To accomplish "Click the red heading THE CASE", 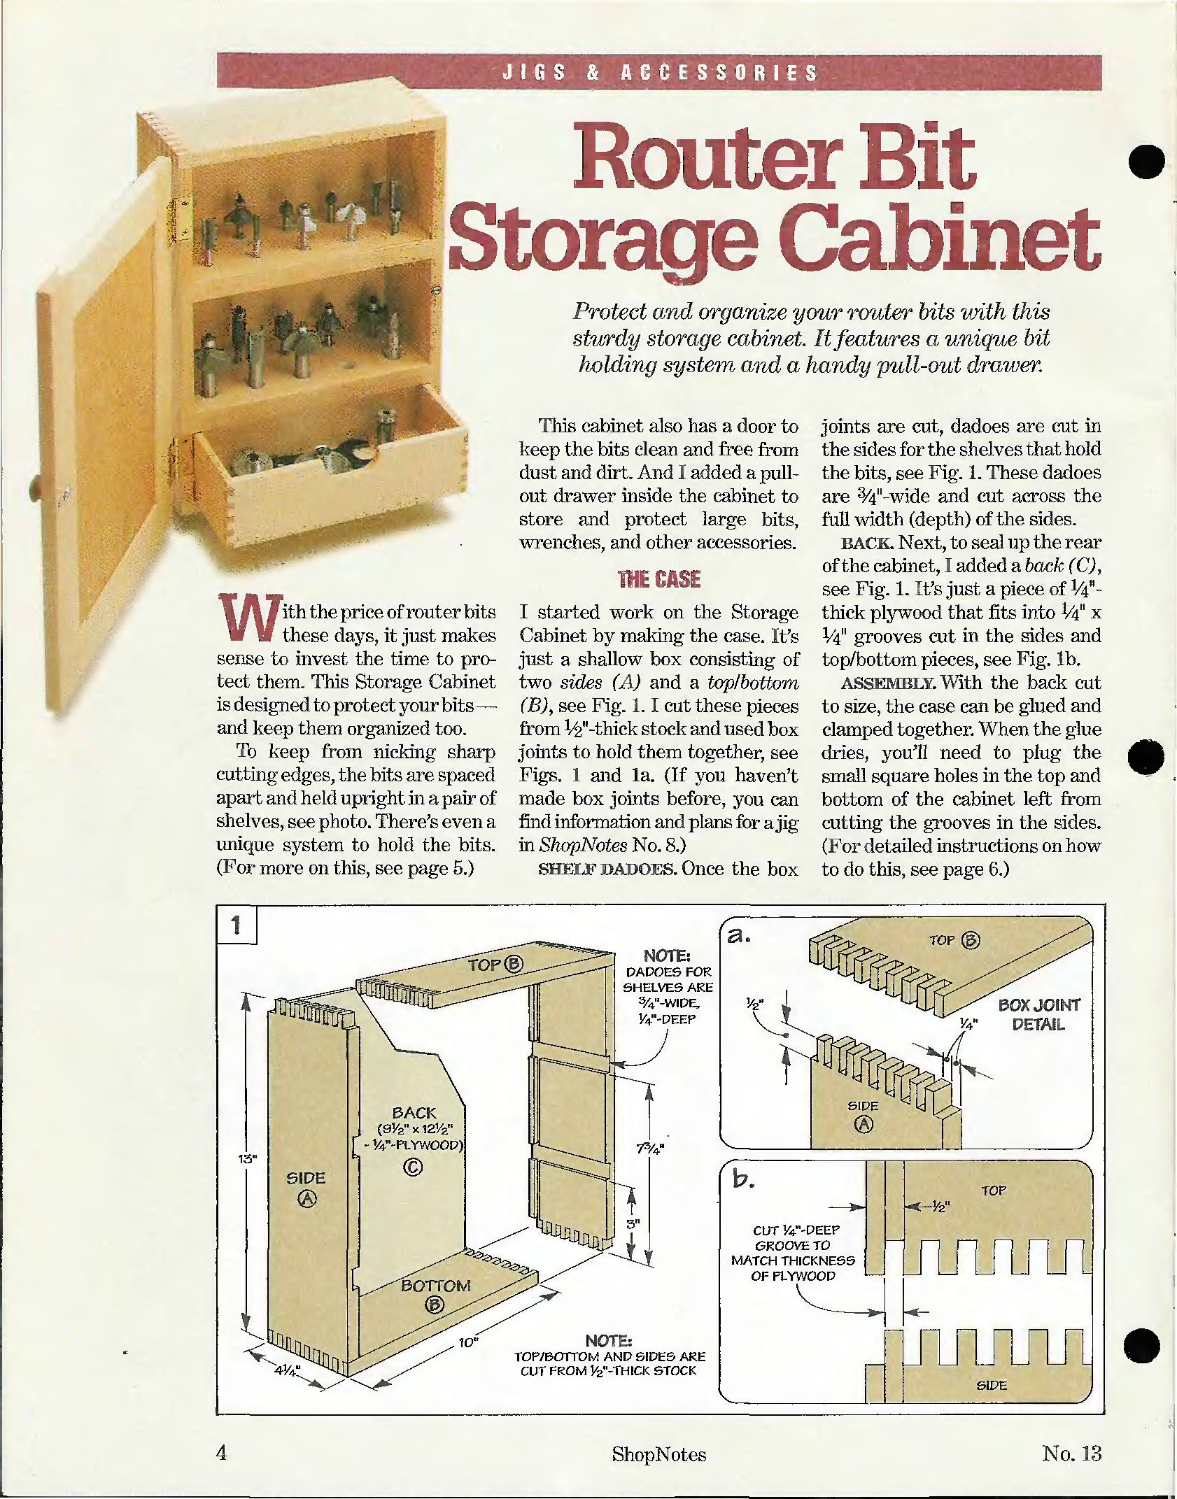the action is tap(658, 579).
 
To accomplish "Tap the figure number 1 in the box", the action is tap(236, 925).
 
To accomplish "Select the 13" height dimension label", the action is tap(247, 1158).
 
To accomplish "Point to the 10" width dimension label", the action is tap(468, 1342).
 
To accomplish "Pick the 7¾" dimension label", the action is tap(649, 1149).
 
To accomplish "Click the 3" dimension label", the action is tap(633, 1224).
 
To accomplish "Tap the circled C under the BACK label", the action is tap(413, 1166).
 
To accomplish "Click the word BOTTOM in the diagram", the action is tap(435, 1286).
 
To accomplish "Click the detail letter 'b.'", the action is tap(743, 1179).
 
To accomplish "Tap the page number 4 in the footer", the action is tap(222, 1453).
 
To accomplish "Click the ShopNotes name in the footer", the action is tap(658, 1454).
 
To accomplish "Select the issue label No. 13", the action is tap(1071, 1453).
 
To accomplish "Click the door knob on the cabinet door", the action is tap(35, 483).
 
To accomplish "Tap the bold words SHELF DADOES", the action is tap(607, 869).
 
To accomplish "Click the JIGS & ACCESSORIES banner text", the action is tap(660, 72).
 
